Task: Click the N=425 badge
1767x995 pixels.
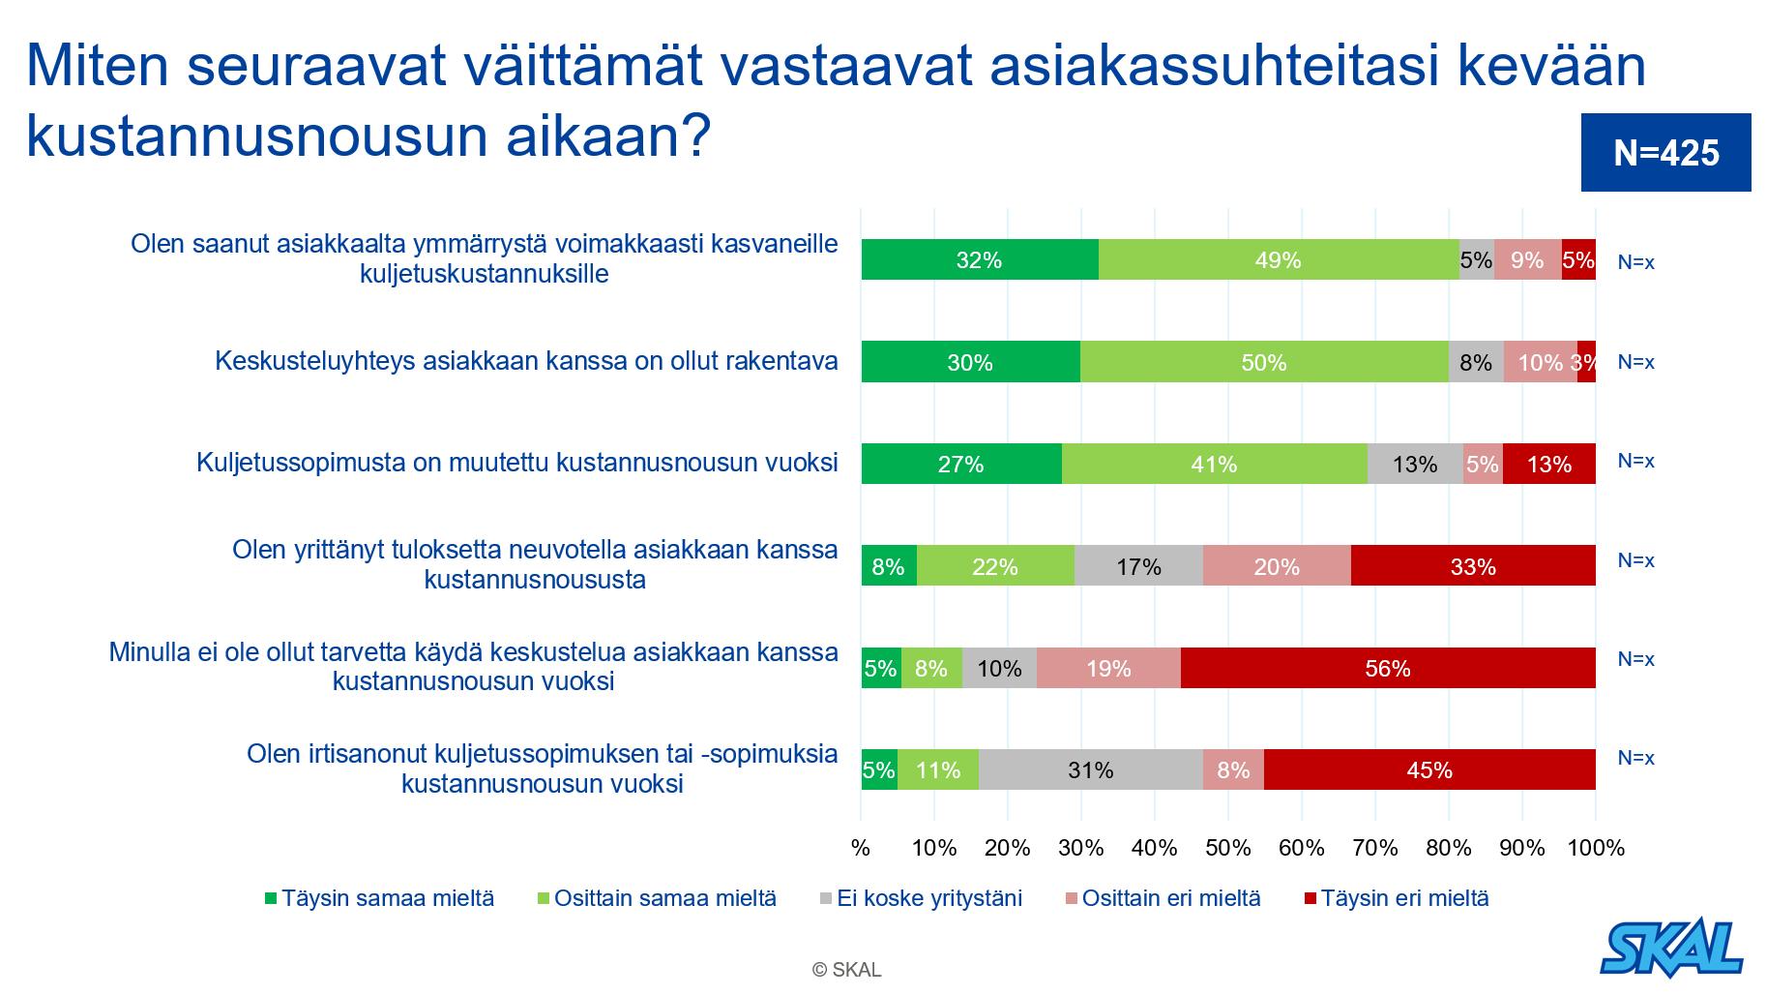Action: pyautogui.click(x=1665, y=153)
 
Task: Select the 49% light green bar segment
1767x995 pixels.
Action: pyautogui.click(x=1278, y=259)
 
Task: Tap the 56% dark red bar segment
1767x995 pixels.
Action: pyautogui.click(x=1387, y=668)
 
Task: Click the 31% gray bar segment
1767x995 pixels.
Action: pyautogui.click(x=1090, y=769)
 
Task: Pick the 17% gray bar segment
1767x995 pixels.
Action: pyautogui.click(x=1138, y=566)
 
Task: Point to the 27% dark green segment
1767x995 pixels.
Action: pyautogui.click(x=960, y=464)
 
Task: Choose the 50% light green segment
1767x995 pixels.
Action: pyautogui.click(x=1263, y=362)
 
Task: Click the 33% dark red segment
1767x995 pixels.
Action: pyautogui.click(x=1472, y=566)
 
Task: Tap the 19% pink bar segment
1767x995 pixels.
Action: pyautogui.click(x=1108, y=668)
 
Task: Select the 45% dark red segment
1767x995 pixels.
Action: pyautogui.click(x=1428, y=769)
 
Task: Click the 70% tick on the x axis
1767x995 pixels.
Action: pyautogui.click(x=1374, y=848)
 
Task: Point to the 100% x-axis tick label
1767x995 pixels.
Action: pyautogui.click(x=1595, y=848)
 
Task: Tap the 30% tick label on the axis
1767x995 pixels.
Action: pyautogui.click(x=1080, y=848)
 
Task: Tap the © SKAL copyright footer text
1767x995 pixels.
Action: pyautogui.click(x=846, y=969)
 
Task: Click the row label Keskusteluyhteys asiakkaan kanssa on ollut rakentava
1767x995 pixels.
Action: pyautogui.click(x=526, y=361)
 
